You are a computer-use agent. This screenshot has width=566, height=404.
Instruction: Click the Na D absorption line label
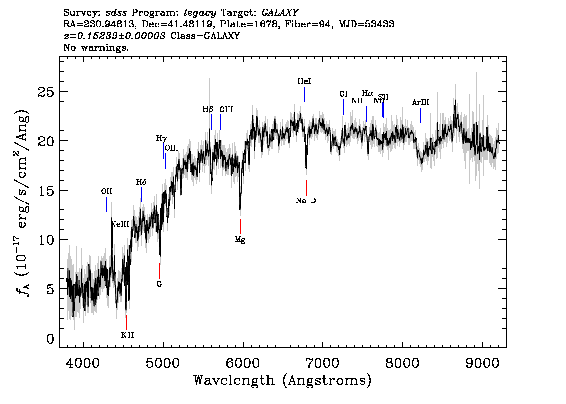click(x=306, y=201)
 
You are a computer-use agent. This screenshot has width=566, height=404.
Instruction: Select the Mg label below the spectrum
click(x=240, y=239)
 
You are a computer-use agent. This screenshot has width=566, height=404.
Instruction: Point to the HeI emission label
click(x=304, y=81)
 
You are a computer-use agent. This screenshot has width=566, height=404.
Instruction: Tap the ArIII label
click(x=420, y=103)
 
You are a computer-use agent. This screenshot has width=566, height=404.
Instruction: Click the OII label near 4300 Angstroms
click(x=106, y=191)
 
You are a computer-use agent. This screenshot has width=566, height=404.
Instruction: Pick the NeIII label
click(x=120, y=224)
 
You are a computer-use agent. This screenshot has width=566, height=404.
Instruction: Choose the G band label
click(x=159, y=284)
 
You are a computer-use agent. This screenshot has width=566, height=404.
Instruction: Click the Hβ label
click(x=208, y=109)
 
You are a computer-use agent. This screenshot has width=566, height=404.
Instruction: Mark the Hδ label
click(x=141, y=182)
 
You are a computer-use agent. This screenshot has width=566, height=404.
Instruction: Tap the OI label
click(x=343, y=94)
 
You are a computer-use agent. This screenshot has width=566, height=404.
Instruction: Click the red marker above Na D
click(x=306, y=188)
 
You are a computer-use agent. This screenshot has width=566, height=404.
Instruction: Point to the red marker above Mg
click(x=240, y=226)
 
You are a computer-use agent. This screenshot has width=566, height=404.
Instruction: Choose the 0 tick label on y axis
click(x=49, y=339)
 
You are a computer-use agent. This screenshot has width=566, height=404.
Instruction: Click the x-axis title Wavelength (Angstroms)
click(x=283, y=380)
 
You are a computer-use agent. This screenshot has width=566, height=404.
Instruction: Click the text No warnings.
click(x=96, y=48)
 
